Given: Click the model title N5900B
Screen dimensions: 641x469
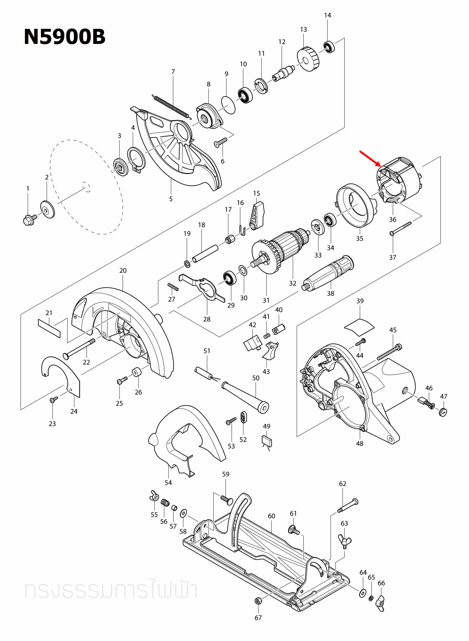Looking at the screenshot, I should click(x=64, y=37).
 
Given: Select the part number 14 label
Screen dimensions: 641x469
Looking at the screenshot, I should click(x=327, y=15).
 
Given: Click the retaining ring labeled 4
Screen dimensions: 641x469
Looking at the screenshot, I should click(x=136, y=159).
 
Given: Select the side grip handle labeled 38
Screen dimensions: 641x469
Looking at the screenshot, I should click(x=328, y=273).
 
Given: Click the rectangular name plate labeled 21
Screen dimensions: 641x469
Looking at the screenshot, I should click(x=49, y=328).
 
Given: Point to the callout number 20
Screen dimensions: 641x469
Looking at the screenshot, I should click(x=123, y=271).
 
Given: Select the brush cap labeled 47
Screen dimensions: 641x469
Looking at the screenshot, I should click(x=443, y=412).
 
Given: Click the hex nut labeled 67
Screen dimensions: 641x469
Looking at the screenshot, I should click(x=257, y=601).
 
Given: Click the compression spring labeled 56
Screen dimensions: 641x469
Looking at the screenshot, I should click(x=165, y=503).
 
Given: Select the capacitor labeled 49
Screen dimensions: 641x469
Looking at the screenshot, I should click(x=267, y=442).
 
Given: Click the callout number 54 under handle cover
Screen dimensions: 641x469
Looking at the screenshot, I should click(x=168, y=483).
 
